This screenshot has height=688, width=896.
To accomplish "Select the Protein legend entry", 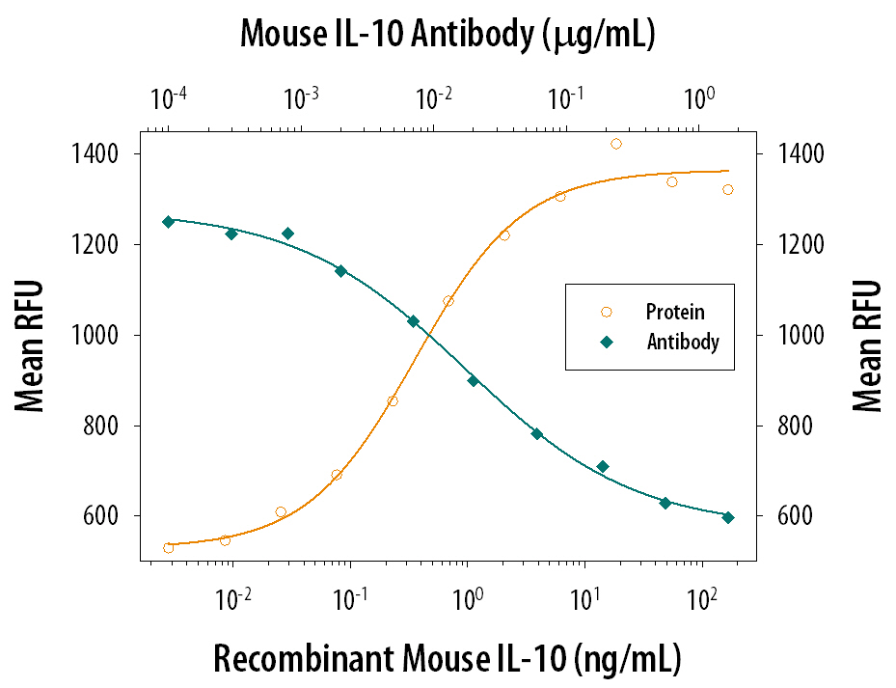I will pos(674,312).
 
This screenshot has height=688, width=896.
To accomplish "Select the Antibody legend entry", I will pos(682,342).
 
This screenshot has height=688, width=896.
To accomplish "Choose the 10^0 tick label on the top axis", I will pos(699,98).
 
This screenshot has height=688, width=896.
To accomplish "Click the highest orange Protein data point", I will pos(616,144).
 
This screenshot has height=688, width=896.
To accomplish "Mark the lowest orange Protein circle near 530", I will pos(169,548).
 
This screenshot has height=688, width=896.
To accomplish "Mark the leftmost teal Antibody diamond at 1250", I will pos(169,222).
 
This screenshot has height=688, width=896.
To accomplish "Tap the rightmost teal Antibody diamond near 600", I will pos(728,517).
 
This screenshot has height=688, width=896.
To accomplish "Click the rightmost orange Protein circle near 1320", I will pos(728,189).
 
